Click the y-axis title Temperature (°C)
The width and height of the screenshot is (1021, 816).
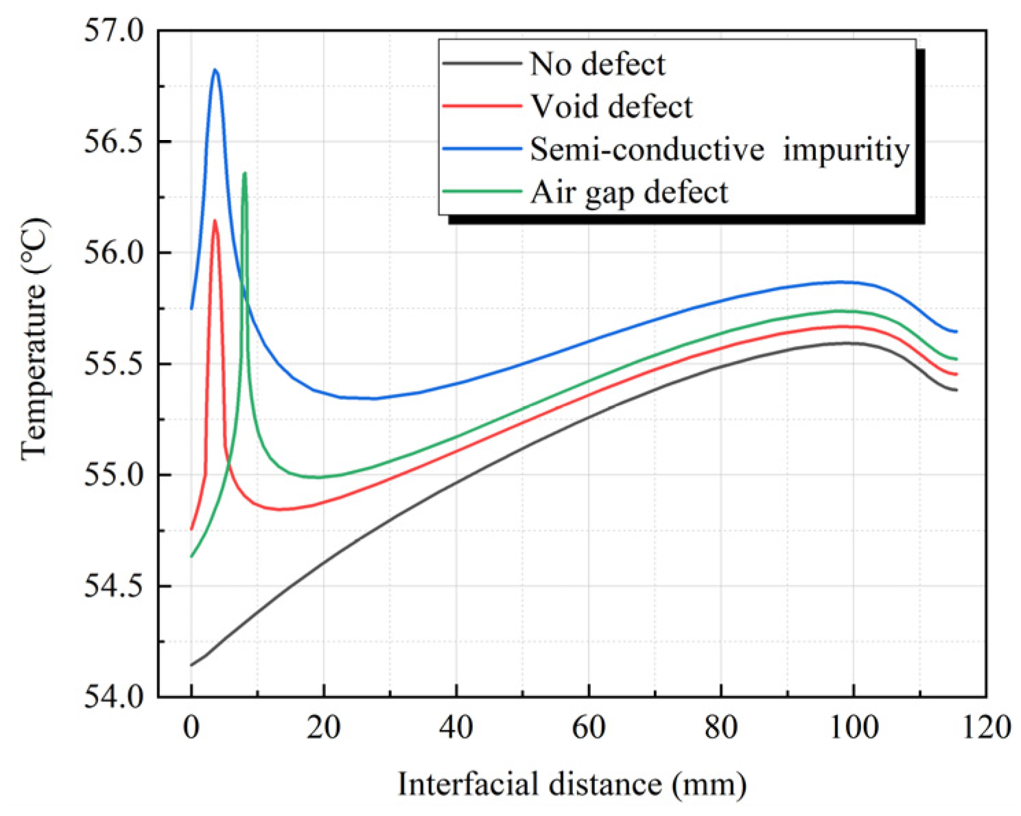[x=34, y=338]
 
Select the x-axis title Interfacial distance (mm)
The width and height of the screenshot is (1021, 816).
[x=572, y=784]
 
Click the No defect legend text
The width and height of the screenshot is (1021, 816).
[x=597, y=65]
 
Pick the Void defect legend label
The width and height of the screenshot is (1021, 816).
[x=611, y=107]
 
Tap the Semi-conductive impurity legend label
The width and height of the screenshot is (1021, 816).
[x=720, y=150]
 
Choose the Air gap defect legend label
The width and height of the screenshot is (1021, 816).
[x=629, y=192]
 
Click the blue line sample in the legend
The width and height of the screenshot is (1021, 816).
[x=482, y=149]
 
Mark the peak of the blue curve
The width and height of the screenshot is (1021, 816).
[x=215, y=69]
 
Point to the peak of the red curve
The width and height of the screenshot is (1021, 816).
[x=215, y=220]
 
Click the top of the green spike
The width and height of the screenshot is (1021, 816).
[x=244, y=173]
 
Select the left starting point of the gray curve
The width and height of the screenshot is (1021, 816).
[x=191, y=665]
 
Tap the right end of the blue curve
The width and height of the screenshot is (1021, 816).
[x=957, y=331]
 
